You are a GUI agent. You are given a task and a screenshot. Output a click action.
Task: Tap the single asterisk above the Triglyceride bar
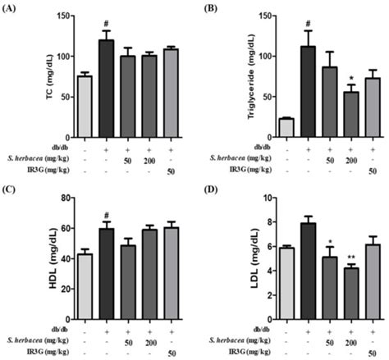point(350,78)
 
